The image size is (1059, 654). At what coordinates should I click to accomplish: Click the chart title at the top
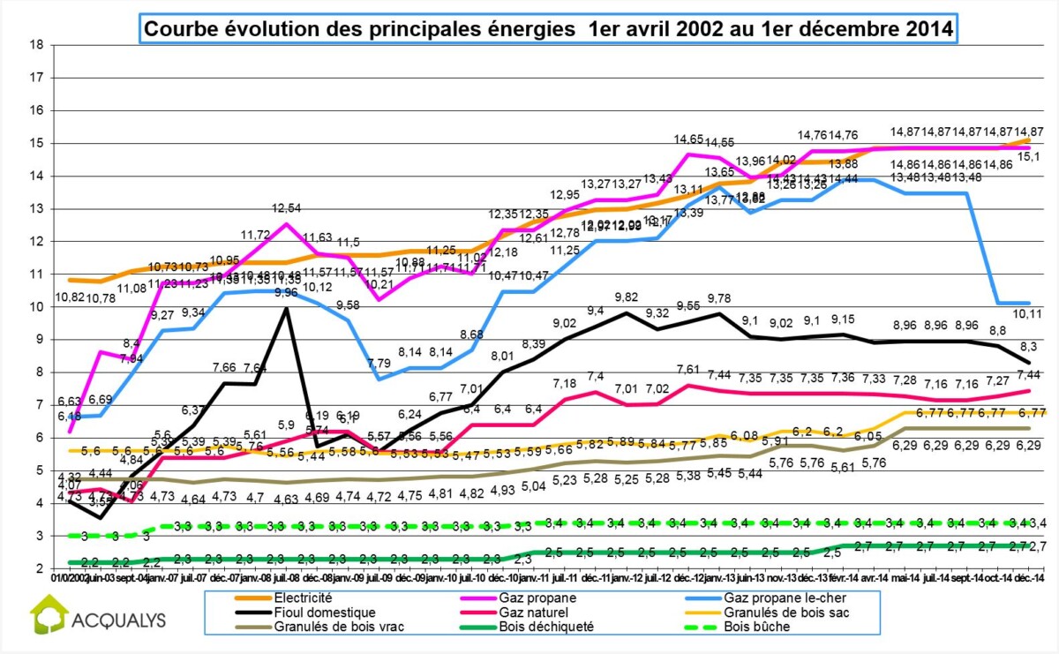pyautogui.click(x=548, y=28)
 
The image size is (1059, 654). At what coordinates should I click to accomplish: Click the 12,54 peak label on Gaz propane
pyautogui.click(x=285, y=208)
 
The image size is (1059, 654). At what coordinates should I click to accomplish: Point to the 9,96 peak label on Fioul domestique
pyautogui.click(x=285, y=293)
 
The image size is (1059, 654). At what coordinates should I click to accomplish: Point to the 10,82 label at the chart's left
pyautogui.click(x=73, y=297)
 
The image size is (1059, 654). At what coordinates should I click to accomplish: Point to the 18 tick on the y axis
pyautogui.click(x=36, y=44)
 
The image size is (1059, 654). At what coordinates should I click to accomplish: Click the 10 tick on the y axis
pyautogui.click(x=36, y=306)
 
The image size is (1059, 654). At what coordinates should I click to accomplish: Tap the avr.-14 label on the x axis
pyautogui.click(x=874, y=578)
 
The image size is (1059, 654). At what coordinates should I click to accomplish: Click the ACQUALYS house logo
pyautogui.click(x=49, y=615)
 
